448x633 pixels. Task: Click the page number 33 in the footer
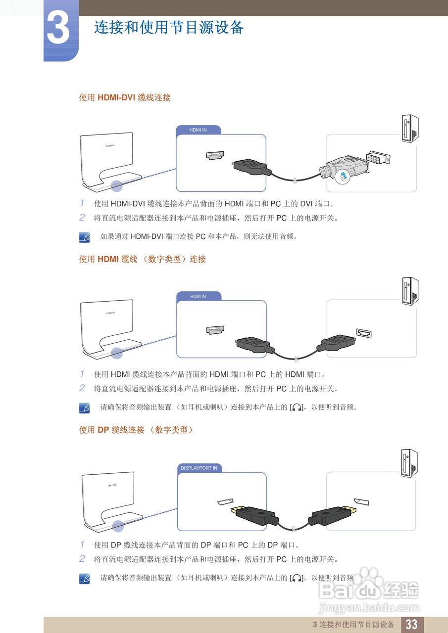pyautogui.click(x=411, y=625)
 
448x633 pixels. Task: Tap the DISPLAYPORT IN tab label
pyautogui.click(x=199, y=468)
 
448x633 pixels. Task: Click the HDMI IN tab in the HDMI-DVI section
pyautogui.click(x=198, y=130)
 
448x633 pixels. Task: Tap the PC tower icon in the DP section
pyautogui.click(x=409, y=464)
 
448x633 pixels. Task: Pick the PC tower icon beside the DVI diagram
pyautogui.click(x=409, y=128)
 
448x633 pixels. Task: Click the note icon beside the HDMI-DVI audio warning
pyautogui.click(x=85, y=237)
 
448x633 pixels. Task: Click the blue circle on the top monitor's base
pyautogui.click(x=116, y=186)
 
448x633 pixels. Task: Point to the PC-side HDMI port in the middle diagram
pyautogui.click(x=363, y=334)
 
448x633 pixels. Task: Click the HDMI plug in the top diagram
pyautogui.click(x=251, y=167)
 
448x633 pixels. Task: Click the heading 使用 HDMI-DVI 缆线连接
pyautogui.click(x=125, y=98)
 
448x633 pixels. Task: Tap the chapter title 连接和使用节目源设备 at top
pyautogui.click(x=169, y=28)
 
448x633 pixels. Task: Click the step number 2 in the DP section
pyautogui.click(x=82, y=559)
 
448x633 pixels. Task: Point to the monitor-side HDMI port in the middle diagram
pyautogui.click(x=215, y=329)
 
